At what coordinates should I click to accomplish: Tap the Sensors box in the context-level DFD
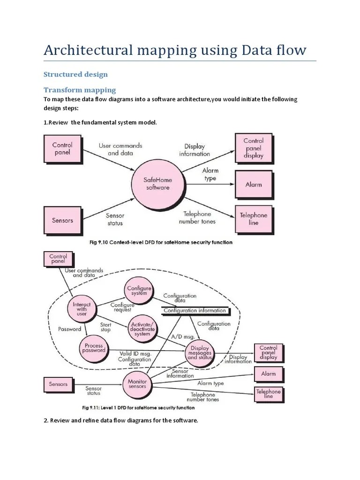click(x=62, y=219)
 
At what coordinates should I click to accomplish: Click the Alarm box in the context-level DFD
click(x=253, y=184)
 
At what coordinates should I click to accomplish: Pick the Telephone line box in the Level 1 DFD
click(x=269, y=394)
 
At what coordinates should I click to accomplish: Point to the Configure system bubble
click(x=139, y=291)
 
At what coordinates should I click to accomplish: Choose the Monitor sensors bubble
click(x=137, y=384)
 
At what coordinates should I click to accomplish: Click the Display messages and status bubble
click(x=200, y=354)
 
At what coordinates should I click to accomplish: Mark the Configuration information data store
click(x=194, y=310)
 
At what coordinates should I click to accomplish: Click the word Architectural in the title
click(x=87, y=50)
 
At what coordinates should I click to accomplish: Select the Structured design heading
click(x=75, y=74)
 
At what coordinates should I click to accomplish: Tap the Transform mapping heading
click(x=80, y=90)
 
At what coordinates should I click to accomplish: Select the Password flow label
click(x=69, y=329)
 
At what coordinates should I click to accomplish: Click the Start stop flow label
click(x=105, y=327)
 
